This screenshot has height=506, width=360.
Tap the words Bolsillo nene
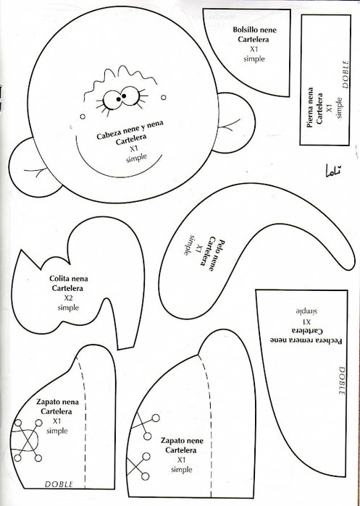coord(254,30)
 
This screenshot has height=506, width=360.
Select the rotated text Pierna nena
coord(310,107)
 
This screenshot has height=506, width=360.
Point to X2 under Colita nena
coord(68,298)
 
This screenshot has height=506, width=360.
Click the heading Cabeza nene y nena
coord(130,130)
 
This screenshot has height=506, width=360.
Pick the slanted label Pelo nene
coord(217,255)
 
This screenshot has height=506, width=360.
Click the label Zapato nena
coord(57,402)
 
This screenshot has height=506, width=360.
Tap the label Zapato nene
coord(182,441)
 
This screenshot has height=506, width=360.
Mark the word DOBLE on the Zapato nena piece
coord(59,484)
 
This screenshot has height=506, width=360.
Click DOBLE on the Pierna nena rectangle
coord(346,75)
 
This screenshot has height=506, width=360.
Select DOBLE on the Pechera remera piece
coord(342,381)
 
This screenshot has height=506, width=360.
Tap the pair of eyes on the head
coord(122,97)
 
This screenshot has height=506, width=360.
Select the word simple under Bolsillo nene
coord(254,59)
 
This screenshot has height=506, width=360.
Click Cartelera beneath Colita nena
coord(67,288)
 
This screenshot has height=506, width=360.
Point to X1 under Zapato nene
coord(182,460)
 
